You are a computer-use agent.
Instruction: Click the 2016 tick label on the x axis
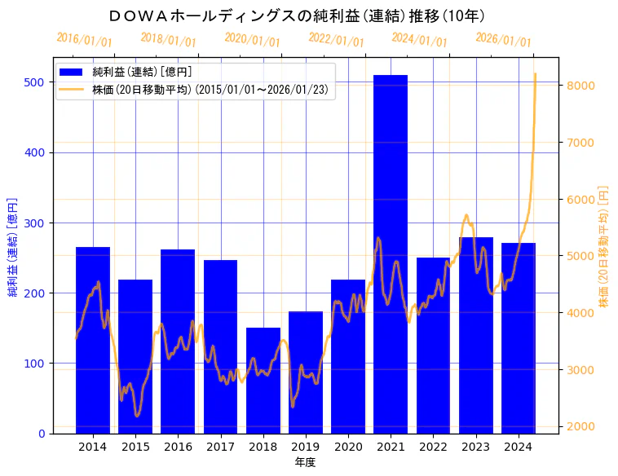click(178, 447)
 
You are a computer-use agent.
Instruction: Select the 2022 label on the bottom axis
click(433, 447)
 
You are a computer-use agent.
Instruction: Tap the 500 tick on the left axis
click(34, 82)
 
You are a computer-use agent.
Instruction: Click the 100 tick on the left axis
click(34, 363)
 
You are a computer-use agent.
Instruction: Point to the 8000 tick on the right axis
click(580, 86)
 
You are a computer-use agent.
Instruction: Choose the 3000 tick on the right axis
click(580, 370)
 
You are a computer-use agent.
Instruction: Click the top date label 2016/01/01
click(85, 40)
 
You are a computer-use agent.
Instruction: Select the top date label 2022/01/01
click(336, 40)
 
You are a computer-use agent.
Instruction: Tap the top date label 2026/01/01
click(503, 40)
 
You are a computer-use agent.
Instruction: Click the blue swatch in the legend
click(73, 73)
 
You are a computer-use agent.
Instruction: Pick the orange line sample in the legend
click(73, 90)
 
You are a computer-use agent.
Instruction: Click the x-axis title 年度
click(305, 462)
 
